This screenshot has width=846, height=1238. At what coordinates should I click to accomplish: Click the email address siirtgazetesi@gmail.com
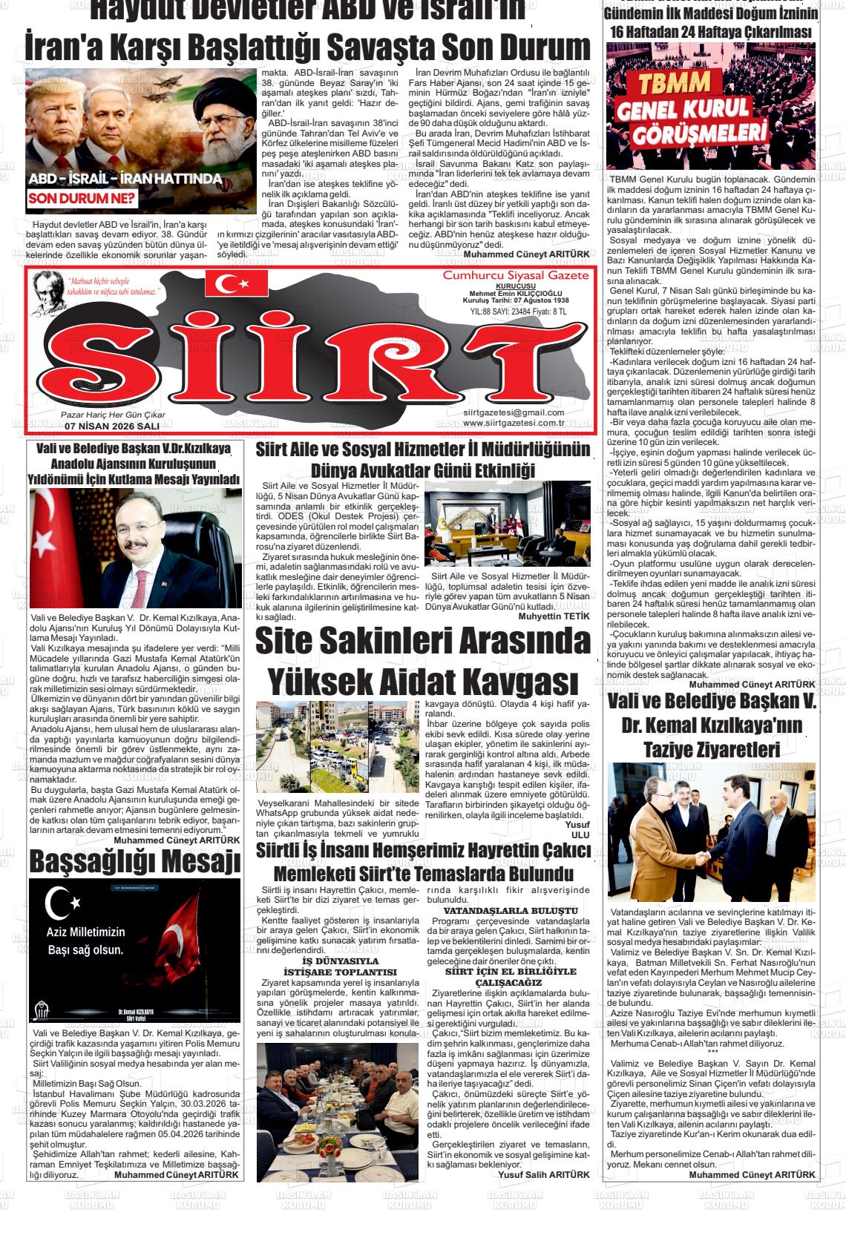(x=513, y=412)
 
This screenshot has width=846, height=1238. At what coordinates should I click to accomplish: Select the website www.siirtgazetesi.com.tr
(x=518, y=424)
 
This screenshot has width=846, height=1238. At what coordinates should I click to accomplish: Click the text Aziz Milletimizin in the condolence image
(x=86, y=932)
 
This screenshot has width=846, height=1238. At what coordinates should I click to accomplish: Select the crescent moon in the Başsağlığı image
(x=59, y=903)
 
